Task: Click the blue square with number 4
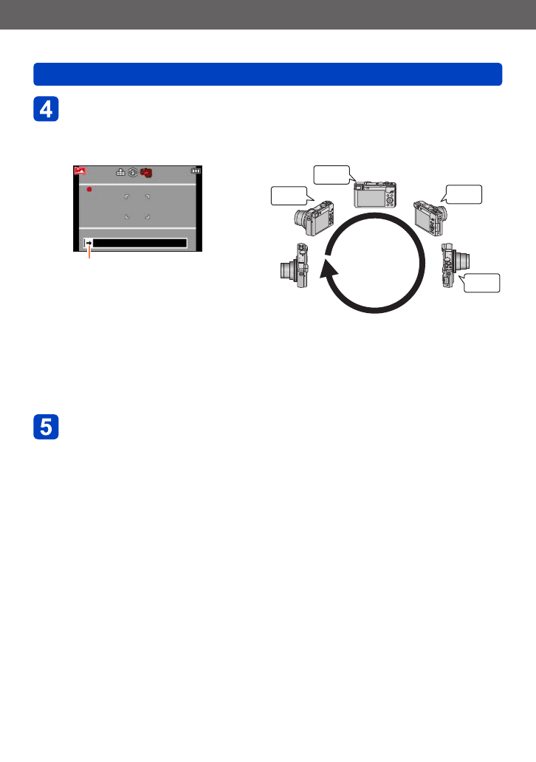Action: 46,109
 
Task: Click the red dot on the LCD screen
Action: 88,190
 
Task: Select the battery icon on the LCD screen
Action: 196,171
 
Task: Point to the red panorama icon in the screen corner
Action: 79,171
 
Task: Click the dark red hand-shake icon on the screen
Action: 145,173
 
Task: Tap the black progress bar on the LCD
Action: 140,242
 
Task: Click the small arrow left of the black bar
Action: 88,242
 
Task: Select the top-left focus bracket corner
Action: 126,196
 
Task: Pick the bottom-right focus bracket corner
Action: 148,216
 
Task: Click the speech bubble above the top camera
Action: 331,174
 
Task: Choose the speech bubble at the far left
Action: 288,196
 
